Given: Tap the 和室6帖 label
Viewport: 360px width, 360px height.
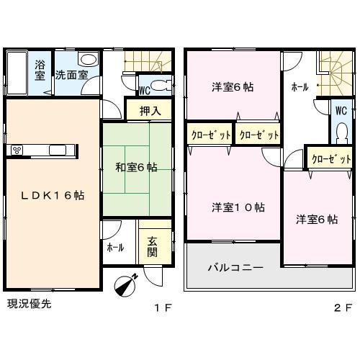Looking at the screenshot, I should click(137, 168).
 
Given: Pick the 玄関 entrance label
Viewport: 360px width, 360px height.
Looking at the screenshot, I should click(153, 247).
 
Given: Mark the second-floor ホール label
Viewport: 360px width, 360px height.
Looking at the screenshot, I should click(300, 87).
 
